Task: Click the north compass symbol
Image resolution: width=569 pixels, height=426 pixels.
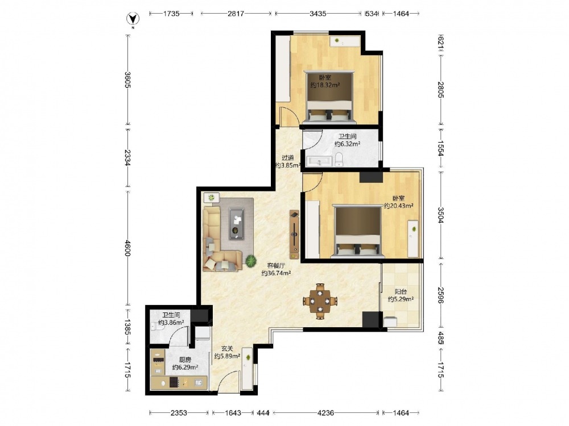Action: coord(133,19)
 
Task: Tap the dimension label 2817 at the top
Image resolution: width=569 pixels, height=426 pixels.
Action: coord(236,14)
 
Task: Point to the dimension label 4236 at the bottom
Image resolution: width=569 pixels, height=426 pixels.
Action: coord(325,412)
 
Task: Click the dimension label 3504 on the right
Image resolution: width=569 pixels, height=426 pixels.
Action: coord(441,215)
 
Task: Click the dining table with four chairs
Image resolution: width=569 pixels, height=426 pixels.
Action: coord(320,301)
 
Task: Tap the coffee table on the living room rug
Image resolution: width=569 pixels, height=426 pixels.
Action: coord(236,223)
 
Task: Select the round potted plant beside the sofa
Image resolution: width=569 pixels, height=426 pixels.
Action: coord(250,261)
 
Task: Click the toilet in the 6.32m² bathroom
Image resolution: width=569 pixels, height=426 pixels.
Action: coord(339,159)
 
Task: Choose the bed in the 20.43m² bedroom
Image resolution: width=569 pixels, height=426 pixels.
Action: coord(358,231)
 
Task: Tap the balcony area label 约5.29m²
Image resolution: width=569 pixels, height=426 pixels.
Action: coord(401,299)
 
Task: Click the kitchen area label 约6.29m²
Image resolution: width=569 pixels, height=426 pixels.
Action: coord(185,367)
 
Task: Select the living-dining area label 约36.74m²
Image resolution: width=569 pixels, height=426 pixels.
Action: coord(276,273)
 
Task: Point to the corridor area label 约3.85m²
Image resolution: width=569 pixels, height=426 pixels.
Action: coord(288,165)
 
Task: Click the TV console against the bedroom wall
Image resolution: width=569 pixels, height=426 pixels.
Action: coord(294,235)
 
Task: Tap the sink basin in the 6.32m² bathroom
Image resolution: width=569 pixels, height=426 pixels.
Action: coord(319,161)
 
